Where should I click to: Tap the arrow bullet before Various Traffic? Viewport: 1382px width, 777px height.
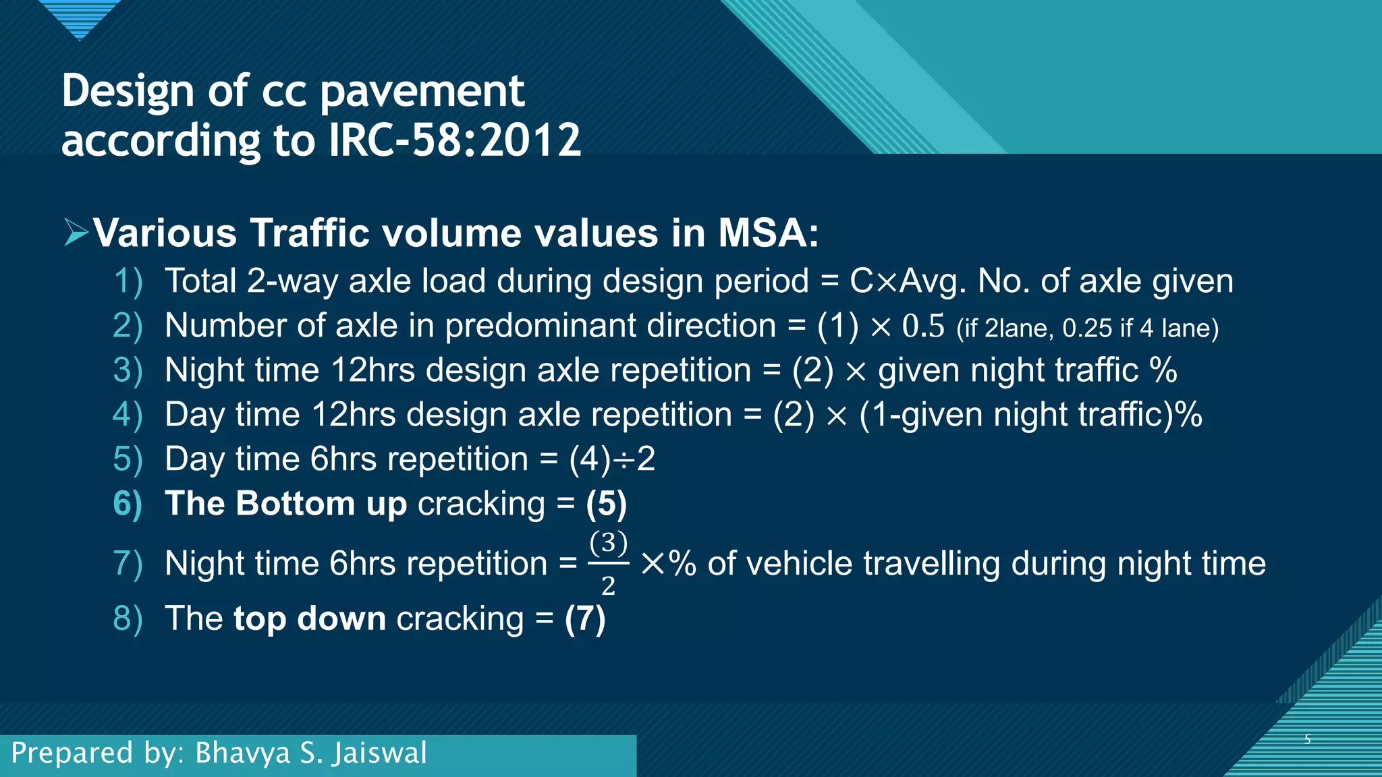pos(76,233)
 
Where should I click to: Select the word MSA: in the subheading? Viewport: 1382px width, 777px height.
pos(768,233)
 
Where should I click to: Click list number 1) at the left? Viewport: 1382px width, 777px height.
pos(128,281)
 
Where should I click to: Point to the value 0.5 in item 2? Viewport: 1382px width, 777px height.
pos(923,326)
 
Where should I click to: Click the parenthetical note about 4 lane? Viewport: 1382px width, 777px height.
pos(1087,328)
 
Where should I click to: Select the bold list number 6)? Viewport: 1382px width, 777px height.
pos(128,504)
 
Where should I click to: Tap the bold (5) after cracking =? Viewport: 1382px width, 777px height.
pos(606,504)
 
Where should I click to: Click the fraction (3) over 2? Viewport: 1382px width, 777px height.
pos(608,563)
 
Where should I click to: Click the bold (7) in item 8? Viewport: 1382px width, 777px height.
pos(585,619)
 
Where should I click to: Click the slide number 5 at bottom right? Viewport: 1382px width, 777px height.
pos(1307,739)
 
